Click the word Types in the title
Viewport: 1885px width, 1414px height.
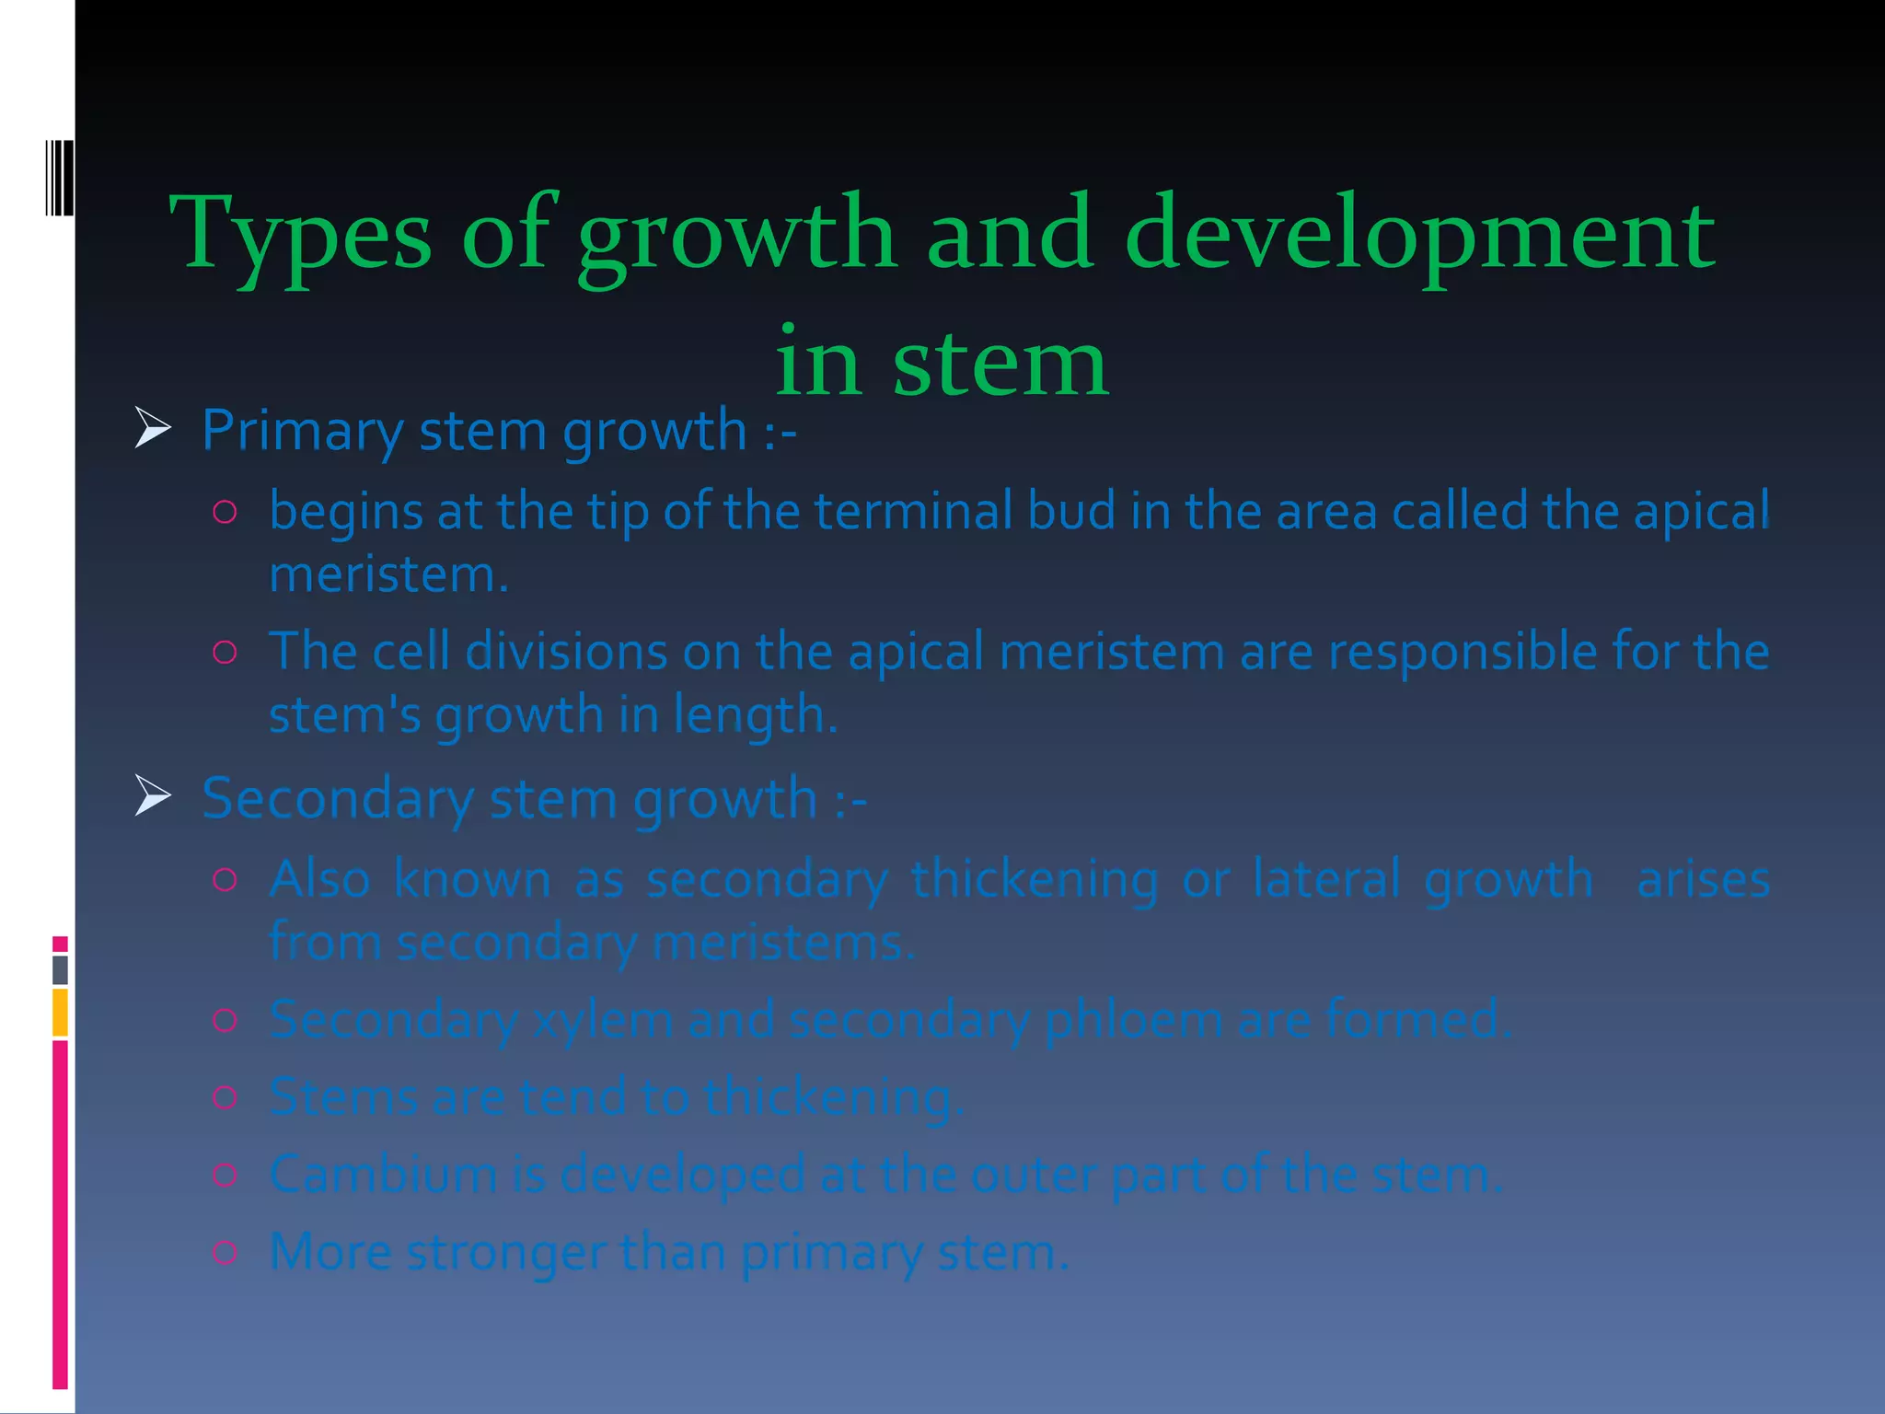coord(300,235)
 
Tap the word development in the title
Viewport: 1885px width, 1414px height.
coord(1419,235)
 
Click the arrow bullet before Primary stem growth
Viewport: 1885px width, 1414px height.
coord(153,428)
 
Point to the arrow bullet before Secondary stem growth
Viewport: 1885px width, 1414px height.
coord(153,795)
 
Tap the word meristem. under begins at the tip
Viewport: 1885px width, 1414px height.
coord(388,575)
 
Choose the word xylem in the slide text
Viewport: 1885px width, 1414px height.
coord(602,1020)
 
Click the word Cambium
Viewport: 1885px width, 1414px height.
coord(383,1175)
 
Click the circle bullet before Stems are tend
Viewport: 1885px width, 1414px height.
coord(226,1096)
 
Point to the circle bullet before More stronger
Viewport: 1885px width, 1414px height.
coord(226,1252)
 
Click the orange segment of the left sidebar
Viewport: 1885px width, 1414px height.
coord(60,1012)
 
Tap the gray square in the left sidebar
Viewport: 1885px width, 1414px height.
coord(60,969)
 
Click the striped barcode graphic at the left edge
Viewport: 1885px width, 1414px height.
coord(60,178)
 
